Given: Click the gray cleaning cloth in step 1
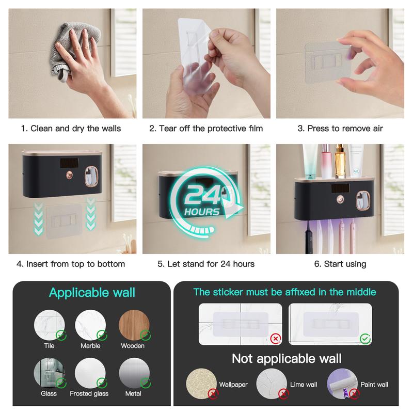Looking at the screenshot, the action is (76, 45).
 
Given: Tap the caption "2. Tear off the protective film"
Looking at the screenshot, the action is (206, 129).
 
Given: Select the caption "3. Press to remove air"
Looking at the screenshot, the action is (340, 129).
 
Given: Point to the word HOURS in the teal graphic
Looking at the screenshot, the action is (202, 212).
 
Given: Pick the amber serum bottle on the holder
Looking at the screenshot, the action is (340, 161).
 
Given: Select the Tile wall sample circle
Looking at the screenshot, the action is (49, 325).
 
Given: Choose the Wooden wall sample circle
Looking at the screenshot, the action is (134, 325).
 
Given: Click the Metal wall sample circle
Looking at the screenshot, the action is (134, 373).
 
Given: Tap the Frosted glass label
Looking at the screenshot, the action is (89, 393).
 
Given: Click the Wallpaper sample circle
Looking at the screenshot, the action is (201, 384).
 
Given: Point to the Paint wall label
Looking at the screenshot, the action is (374, 385).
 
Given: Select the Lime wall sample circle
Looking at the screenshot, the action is (272, 384).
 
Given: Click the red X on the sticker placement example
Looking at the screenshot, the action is (276, 339).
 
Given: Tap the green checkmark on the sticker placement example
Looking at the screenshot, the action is (366, 339).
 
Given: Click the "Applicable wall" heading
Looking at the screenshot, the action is (92, 293).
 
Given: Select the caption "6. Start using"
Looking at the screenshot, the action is (340, 264).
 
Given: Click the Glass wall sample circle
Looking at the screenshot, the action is (49, 373).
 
